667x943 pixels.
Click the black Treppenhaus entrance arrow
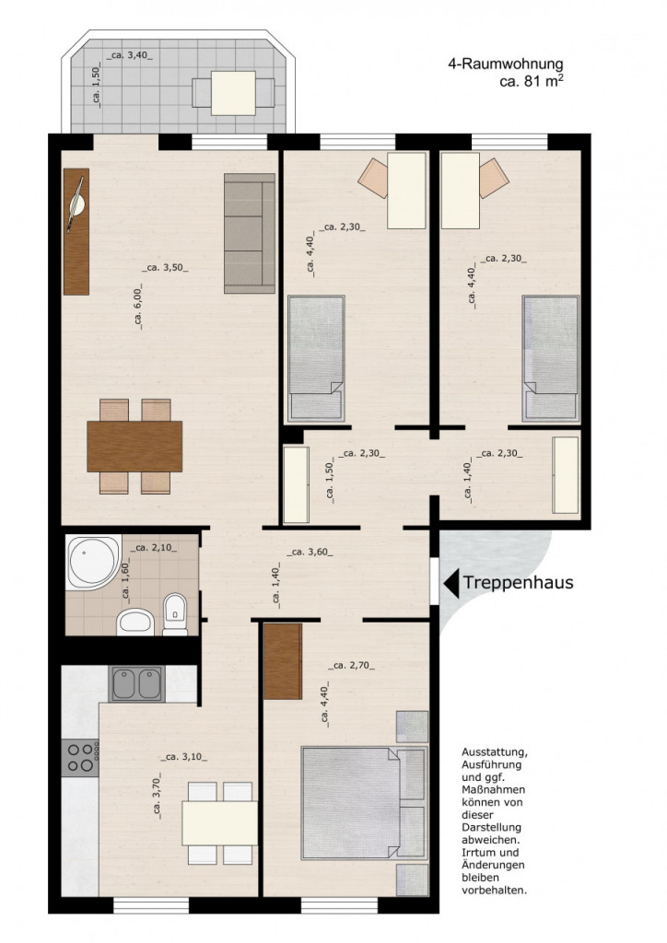point(451,583)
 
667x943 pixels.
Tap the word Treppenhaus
point(518,582)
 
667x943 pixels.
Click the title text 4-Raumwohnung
point(505,64)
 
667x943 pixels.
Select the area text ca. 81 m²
point(531,82)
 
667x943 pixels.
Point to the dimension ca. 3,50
point(166,268)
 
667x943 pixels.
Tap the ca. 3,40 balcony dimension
point(129,56)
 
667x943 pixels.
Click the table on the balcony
point(233,93)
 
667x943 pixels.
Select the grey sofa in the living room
point(249,233)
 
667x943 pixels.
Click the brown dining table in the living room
point(135,447)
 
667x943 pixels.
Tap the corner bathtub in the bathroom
point(93,563)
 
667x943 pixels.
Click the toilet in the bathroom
point(175,614)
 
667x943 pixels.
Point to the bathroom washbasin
point(135,622)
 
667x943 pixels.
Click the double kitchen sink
point(137,684)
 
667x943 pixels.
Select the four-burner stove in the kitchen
point(80,758)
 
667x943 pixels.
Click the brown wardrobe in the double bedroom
point(283,661)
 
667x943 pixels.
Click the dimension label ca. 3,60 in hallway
point(310,553)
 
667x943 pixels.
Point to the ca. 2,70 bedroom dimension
point(351,665)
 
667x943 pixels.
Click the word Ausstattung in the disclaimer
point(495,753)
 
